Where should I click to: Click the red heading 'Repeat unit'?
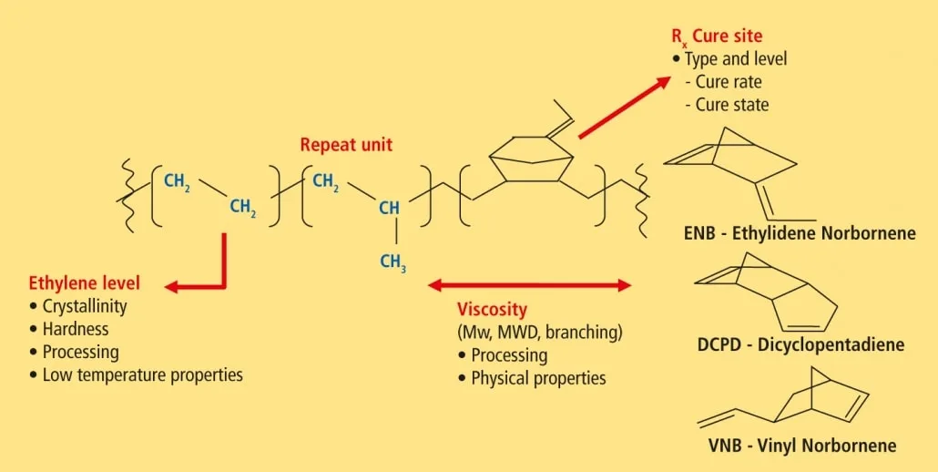(x=346, y=145)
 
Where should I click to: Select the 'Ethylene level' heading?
(x=85, y=282)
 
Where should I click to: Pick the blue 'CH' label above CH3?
(x=389, y=208)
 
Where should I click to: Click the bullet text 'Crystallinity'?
(x=85, y=306)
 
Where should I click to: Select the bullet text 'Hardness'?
(x=76, y=329)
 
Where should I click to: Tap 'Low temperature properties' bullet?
(x=143, y=375)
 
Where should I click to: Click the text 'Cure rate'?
(x=728, y=82)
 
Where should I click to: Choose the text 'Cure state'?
(x=731, y=105)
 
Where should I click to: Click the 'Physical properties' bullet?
(x=538, y=379)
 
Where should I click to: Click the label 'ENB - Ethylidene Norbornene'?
(x=800, y=233)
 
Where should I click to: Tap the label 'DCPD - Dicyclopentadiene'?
(x=801, y=345)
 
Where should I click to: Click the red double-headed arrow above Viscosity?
(x=530, y=285)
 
